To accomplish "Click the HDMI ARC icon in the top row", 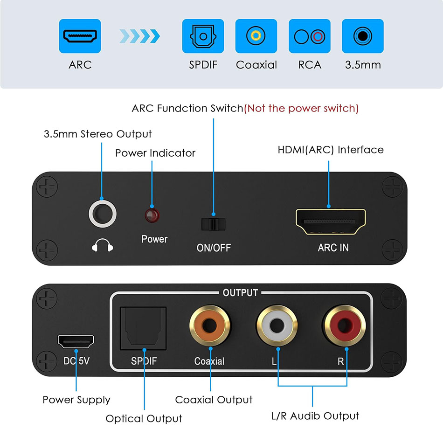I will (80, 36).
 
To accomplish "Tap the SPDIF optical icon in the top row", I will (203, 36).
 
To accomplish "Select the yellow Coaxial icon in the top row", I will (256, 36).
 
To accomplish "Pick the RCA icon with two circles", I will (310, 36).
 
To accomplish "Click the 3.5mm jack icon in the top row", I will (362, 36).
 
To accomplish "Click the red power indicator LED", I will (152, 215).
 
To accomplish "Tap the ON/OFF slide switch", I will (213, 224).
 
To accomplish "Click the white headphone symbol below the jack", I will (102, 246).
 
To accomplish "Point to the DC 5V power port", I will (76, 342).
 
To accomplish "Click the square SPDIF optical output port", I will (144, 328).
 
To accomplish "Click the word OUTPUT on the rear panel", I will (240, 293).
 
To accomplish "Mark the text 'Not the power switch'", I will (302, 108).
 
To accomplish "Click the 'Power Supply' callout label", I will (76, 400).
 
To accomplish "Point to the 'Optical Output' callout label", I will (144, 418).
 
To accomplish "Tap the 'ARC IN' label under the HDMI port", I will (333, 248).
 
